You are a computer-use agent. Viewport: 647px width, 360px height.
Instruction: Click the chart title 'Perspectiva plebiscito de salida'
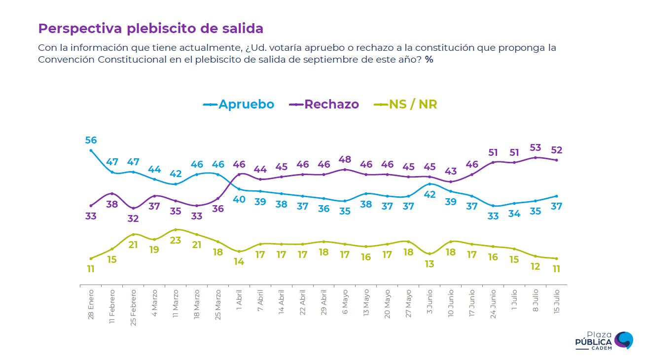(x=150, y=29)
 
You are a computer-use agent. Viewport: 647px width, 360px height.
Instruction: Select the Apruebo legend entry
(x=239, y=105)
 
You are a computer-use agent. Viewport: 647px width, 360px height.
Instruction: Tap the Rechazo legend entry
(x=324, y=105)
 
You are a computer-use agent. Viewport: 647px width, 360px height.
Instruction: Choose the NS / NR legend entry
(x=405, y=105)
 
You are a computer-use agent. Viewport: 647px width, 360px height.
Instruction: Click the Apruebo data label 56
(x=91, y=140)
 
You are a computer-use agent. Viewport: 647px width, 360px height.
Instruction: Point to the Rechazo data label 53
(x=535, y=147)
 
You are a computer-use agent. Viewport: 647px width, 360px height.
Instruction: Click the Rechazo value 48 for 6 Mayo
(x=345, y=159)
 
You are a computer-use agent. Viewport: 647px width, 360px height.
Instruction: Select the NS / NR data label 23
(x=176, y=240)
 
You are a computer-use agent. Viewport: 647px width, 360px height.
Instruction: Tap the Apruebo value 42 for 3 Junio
(x=430, y=194)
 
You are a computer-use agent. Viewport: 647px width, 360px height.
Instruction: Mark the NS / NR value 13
(x=430, y=264)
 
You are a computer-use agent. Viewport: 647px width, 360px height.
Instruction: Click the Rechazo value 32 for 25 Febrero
(x=133, y=218)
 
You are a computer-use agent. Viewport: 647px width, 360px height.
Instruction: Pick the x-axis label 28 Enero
(x=91, y=305)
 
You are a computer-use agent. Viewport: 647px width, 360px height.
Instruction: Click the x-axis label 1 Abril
(x=239, y=300)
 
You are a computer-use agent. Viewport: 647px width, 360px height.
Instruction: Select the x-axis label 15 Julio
(x=557, y=302)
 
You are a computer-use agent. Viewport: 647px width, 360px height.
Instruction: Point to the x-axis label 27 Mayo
(x=408, y=304)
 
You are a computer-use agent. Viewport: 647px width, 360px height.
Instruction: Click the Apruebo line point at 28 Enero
(x=91, y=150)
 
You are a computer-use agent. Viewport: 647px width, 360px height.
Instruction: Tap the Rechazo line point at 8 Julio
(x=536, y=158)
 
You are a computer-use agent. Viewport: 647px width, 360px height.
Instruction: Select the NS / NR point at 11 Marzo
(x=176, y=230)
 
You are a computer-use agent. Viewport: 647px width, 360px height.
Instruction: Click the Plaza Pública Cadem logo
(x=604, y=341)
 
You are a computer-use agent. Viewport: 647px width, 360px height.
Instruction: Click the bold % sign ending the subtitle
(x=429, y=60)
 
